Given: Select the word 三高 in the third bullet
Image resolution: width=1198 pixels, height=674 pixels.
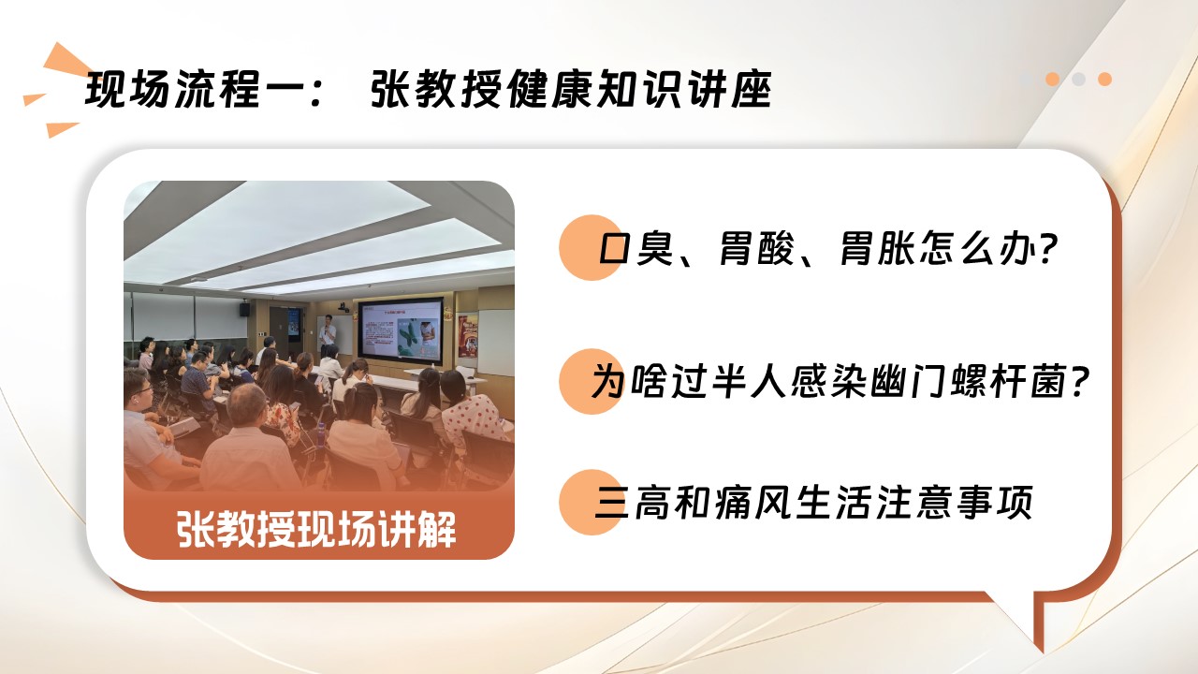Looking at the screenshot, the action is coord(632,503).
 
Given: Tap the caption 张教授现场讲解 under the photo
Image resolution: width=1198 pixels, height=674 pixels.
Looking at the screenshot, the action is coord(316,530).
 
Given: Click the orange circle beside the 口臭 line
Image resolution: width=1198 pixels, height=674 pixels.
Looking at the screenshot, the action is coord(591,248).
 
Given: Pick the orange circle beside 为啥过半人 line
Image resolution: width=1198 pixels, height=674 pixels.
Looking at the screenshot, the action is coord(591,381).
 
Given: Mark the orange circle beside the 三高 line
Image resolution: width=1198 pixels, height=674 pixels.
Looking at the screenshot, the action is coord(591,503).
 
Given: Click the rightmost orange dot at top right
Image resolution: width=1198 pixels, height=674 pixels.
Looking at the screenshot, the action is coord(1105,80).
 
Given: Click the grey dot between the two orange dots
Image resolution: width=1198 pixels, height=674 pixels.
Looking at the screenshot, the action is coord(1079,80).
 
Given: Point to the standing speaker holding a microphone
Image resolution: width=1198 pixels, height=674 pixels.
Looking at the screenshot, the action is coord(327,335).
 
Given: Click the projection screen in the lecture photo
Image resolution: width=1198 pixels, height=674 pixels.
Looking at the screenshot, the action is coord(401,331).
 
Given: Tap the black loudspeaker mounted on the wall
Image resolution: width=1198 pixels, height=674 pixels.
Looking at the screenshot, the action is coord(244,309).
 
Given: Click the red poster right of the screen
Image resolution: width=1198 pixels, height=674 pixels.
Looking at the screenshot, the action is coord(467,335).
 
